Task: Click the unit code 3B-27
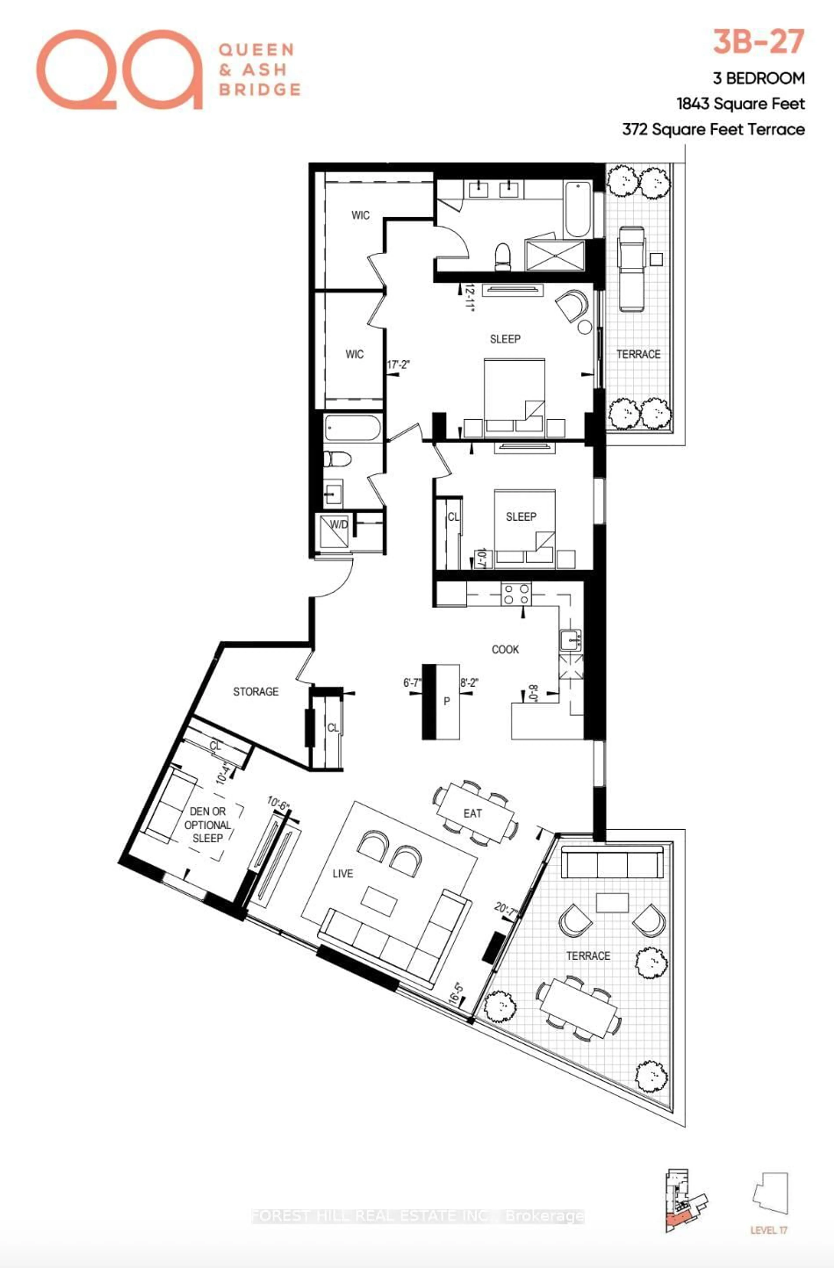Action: pos(758,43)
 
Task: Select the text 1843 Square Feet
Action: pos(740,104)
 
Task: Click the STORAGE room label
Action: pos(256,691)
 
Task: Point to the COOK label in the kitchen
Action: pos(505,650)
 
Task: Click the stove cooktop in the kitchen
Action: pos(516,594)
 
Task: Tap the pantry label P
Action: pos(446,702)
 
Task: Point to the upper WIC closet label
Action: pos(360,215)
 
